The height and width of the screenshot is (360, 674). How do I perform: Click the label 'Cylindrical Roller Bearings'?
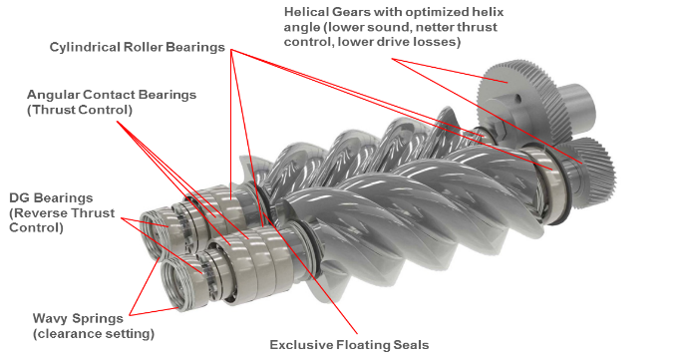pos(138,47)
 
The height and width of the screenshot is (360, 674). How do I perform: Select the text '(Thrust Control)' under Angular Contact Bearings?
pos(80,110)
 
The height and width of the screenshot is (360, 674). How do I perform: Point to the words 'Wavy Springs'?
pos(78,319)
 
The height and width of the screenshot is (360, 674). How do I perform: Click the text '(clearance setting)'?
pos(94,334)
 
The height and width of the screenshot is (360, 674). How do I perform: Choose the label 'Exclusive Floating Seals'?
pos(349,344)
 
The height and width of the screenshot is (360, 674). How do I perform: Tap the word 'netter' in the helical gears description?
pos(434,27)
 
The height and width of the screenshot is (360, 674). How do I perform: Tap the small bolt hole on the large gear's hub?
pos(517,99)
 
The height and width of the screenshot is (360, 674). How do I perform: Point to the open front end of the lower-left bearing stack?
pos(177,284)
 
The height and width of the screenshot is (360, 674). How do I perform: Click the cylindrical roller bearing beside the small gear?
pos(548,181)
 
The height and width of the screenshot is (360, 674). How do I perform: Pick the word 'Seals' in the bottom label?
pos(411,344)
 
